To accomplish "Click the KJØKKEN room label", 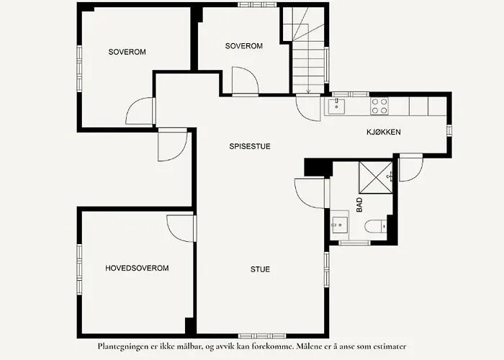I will click(383, 132).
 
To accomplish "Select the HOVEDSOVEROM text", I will click(137, 268).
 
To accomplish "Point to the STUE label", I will click(260, 270).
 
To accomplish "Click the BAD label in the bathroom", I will click(359, 204).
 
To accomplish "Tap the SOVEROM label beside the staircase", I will click(243, 46).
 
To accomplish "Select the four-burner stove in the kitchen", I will click(379, 107).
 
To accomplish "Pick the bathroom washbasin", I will click(338, 225).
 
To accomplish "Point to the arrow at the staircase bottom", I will click(308, 89).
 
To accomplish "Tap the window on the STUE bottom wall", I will click(255, 336).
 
